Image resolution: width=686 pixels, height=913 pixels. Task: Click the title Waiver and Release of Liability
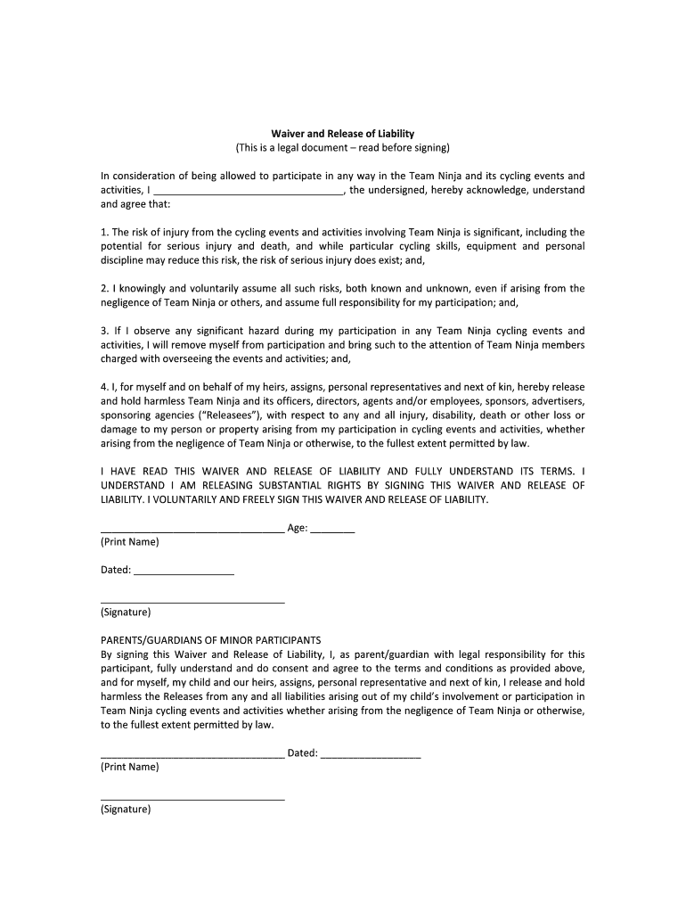tap(343, 133)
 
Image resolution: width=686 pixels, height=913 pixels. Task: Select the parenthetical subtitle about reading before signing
tap(343, 147)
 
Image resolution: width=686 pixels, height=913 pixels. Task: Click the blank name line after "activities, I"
tap(249, 190)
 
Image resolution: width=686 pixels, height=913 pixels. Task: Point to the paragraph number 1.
tap(104, 232)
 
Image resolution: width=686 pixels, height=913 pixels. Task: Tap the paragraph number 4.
tap(104, 387)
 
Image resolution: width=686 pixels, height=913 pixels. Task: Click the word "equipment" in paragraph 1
tap(487, 246)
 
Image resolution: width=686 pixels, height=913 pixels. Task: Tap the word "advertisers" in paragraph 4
tap(558, 401)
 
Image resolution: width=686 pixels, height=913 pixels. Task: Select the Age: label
tap(298, 528)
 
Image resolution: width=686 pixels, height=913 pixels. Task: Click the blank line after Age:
tap(333, 530)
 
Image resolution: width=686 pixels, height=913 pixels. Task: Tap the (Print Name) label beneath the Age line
tap(130, 542)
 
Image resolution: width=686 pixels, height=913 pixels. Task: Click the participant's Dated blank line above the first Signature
tap(184, 572)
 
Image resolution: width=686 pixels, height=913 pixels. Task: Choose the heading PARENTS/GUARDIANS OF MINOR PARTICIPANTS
tap(210, 640)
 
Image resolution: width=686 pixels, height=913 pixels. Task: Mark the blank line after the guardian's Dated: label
tap(370, 754)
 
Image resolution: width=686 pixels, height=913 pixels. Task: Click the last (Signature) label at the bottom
tap(127, 810)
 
